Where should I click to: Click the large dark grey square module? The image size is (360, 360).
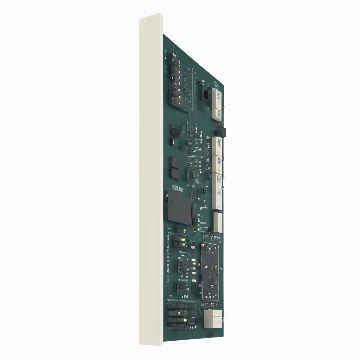[x=180, y=208]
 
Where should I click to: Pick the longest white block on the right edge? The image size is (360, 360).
[x=217, y=192]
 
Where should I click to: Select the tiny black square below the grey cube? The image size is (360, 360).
[x=212, y=333]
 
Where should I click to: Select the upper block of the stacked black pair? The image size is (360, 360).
[x=175, y=162]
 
